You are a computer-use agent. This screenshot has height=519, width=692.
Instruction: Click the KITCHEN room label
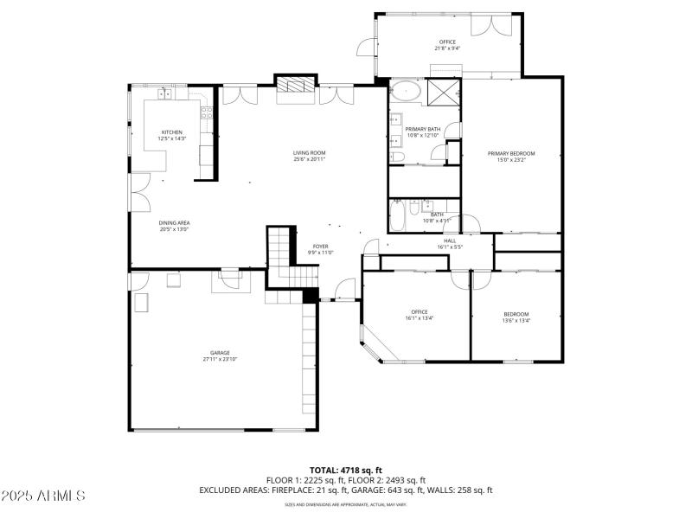(x=171, y=132)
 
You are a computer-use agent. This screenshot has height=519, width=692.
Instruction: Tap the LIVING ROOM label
(x=309, y=153)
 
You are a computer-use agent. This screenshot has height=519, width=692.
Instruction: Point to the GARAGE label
(x=220, y=353)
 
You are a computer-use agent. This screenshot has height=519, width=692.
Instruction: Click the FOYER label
(x=320, y=247)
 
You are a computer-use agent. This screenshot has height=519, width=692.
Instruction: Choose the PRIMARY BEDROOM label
(x=516, y=153)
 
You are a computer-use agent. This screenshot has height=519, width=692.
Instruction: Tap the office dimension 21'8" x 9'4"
(x=446, y=48)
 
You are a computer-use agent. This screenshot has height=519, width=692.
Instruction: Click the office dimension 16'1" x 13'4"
(x=419, y=318)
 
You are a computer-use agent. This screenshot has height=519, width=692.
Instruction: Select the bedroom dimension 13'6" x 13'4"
(x=516, y=320)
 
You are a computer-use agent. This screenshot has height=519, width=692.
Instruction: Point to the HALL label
(x=450, y=241)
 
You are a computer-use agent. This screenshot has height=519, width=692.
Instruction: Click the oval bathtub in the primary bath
(x=404, y=93)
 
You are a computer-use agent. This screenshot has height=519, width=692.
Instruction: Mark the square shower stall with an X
(x=444, y=92)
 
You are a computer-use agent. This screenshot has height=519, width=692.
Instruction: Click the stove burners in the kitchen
(x=207, y=111)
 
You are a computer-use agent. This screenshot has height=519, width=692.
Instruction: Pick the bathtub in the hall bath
(x=397, y=216)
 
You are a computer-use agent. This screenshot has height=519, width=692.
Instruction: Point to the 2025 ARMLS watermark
(x=43, y=497)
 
